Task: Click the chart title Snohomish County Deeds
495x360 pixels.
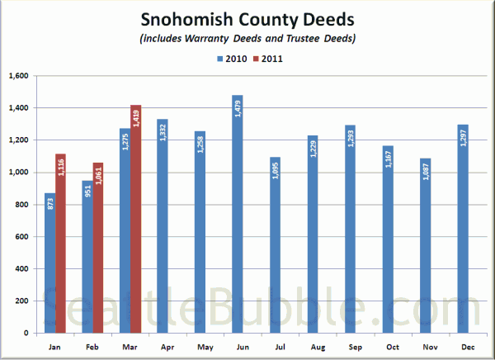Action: (247, 20)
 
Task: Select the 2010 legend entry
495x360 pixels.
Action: (232, 59)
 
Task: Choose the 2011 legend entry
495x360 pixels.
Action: (268, 59)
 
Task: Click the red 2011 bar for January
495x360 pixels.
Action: (60, 244)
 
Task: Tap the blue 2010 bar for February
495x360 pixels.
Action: (87, 257)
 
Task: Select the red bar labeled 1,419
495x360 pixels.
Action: (136, 219)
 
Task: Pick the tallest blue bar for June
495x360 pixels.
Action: (238, 214)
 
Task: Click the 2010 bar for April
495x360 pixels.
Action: (163, 226)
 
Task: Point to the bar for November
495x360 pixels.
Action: (426, 245)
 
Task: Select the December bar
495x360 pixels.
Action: (463, 229)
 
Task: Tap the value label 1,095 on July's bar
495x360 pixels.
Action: (276, 171)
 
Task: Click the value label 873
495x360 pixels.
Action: (50, 204)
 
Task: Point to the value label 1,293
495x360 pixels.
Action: (351, 139)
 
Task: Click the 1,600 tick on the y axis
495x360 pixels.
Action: (19, 76)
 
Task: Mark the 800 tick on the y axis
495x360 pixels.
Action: (21, 205)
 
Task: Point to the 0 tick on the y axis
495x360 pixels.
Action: (26, 333)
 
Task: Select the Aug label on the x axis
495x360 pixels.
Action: (318, 347)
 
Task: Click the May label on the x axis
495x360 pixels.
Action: (205, 347)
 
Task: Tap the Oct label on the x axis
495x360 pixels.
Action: (393, 347)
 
